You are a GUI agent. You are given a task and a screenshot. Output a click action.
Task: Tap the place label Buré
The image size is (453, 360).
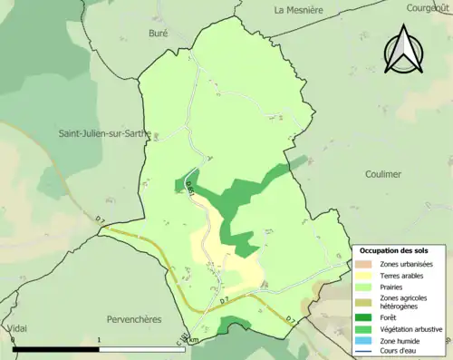[159, 33]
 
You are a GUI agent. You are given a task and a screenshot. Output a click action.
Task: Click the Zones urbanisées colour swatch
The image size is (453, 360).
[366, 263]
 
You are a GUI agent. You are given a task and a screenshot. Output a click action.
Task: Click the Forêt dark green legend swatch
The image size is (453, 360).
[366, 316]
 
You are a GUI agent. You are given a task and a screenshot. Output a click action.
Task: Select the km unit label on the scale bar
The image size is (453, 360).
[192, 341]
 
